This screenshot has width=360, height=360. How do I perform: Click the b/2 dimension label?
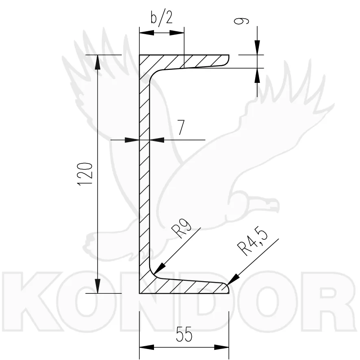pos(162,17)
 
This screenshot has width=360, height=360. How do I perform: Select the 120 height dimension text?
pos(85,174)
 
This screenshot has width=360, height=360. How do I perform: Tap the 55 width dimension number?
pos(184,334)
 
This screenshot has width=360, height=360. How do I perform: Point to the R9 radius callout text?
pos(181,228)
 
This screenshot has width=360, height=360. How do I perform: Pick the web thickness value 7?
pos(181,128)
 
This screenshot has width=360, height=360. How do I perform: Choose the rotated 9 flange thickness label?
pos(241,21)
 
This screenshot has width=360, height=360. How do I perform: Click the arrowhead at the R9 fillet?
pos(160,268)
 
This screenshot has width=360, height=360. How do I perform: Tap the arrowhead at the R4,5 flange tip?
pos(233,280)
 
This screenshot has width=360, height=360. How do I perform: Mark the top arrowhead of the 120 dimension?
pos(98,62)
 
